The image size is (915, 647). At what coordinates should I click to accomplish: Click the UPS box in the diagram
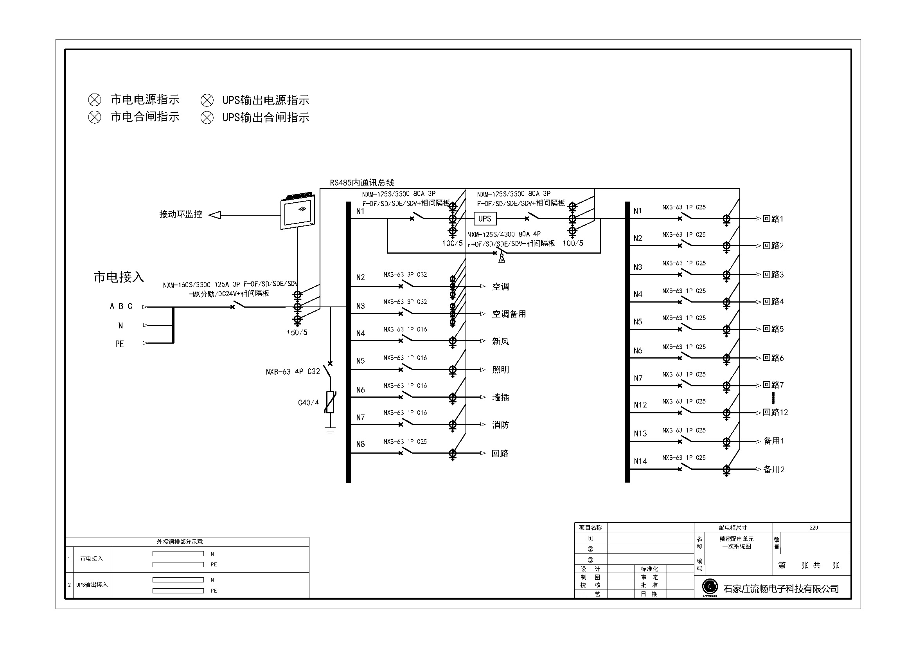(x=485, y=218)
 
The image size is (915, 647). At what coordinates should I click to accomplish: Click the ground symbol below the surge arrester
(x=330, y=431)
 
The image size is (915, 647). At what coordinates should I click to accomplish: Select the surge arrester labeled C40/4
(x=330, y=402)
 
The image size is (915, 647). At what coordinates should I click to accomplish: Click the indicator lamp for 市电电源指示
(x=94, y=100)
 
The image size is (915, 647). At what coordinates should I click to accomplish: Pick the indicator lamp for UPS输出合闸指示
(x=207, y=117)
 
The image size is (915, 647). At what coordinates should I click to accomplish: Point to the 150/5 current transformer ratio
(x=297, y=332)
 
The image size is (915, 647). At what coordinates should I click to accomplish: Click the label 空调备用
(x=509, y=314)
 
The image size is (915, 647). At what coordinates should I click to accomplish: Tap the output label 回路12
(x=775, y=412)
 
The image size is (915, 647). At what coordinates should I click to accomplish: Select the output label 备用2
(x=773, y=469)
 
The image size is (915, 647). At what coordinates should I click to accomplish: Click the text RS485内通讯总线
(x=362, y=182)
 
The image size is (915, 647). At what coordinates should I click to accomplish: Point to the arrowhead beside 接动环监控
(x=215, y=215)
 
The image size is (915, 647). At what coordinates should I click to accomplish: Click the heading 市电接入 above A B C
(x=119, y=277)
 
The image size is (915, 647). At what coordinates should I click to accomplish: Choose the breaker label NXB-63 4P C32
(x=293, y=371)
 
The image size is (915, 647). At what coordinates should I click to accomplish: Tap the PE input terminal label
(x=120, y=344)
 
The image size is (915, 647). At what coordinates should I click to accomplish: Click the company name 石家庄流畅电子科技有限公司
(x=781, y=589)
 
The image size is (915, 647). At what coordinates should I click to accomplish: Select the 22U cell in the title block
(x=813, y=527)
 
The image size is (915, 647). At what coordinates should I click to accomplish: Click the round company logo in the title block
(x=709, y=586)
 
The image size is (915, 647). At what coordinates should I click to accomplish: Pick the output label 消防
(x=500, y=425)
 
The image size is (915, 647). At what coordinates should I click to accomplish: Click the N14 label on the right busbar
(x=640, y=461)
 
